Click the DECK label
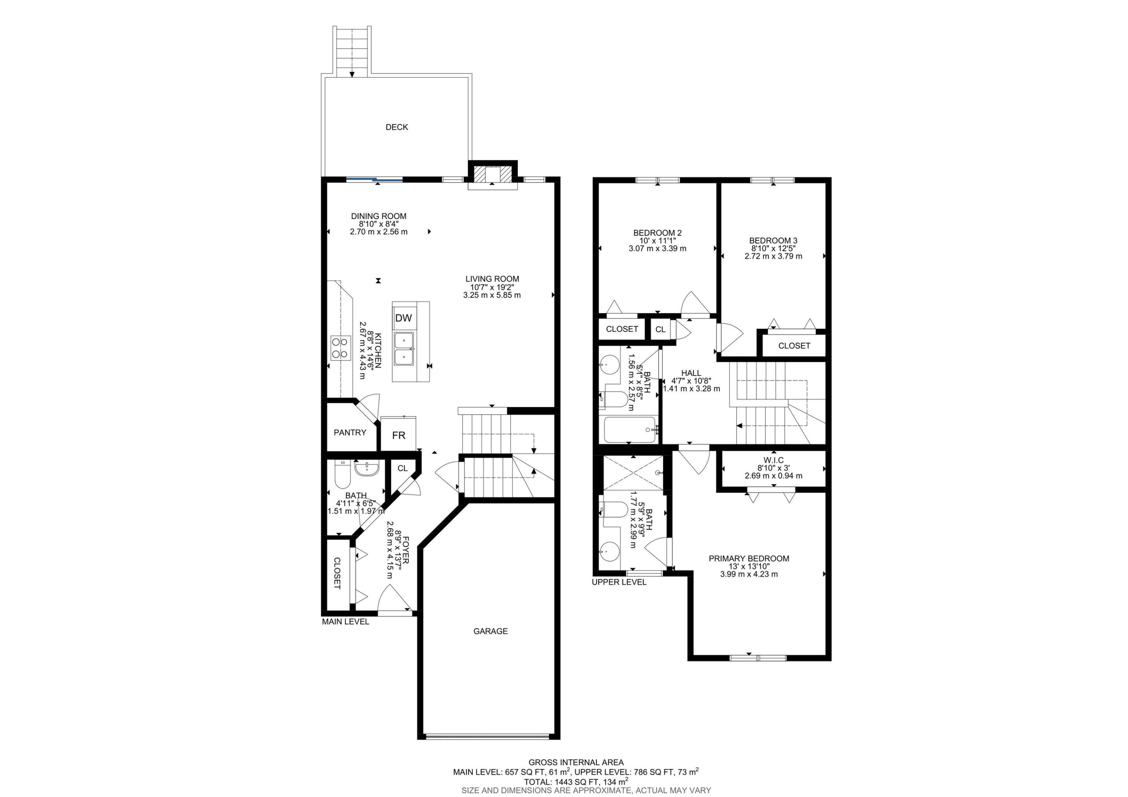pos(396,127)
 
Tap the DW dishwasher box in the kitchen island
pos(403,318)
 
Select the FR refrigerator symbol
pos(399,435)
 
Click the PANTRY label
pos(350,433)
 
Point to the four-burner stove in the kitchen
pos(340,348)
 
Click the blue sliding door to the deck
pos(374,180)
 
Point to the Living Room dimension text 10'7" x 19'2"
pos(492,287)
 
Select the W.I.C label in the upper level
pos(773,460)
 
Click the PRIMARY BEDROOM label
pos(749,559)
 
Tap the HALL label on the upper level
pos(691,373)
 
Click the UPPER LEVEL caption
pos(619,582)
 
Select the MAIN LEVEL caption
pos(346,622)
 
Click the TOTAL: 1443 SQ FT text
pos(576,781)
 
